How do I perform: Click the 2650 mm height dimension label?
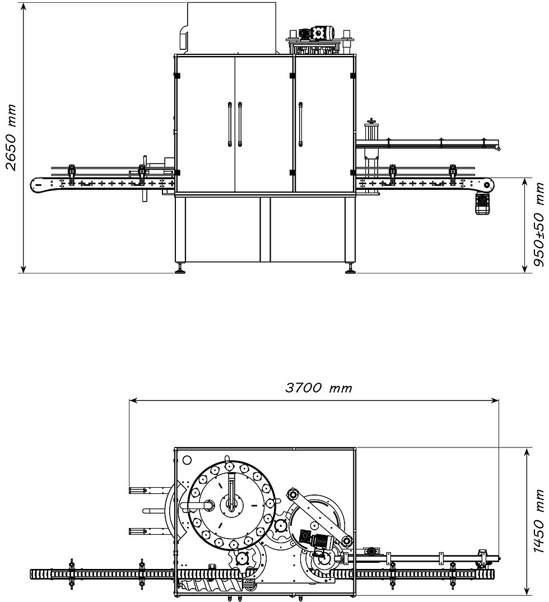(11, 137)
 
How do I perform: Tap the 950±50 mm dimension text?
(539, 225)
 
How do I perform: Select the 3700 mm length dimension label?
(319, 388)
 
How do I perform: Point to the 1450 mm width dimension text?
(539, 521)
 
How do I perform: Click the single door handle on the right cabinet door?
(300, 124)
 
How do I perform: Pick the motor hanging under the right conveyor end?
(481, 203)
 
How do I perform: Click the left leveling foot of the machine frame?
(180, 269)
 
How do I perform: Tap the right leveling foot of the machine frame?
(350, 269)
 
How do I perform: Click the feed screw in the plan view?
(213, 586)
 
